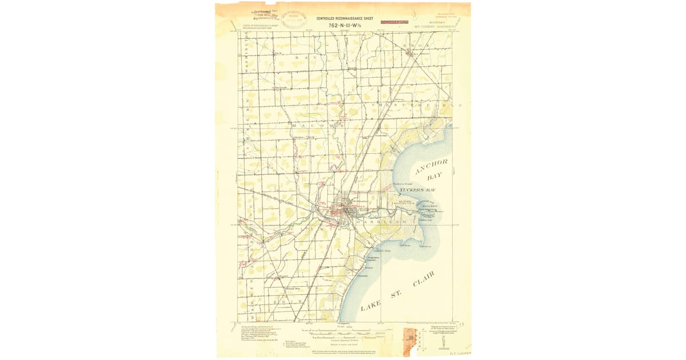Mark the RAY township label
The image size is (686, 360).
[305, 58]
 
